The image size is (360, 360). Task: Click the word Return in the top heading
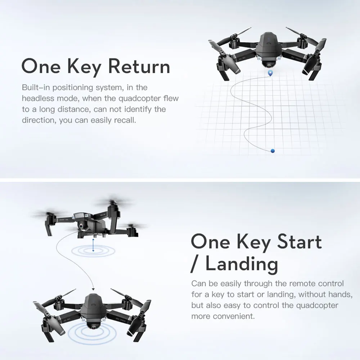click(139, 67)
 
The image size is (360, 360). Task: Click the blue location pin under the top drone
click(270, 73)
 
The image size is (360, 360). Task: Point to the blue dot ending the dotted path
click(273, 150)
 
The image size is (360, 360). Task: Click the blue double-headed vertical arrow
click(93, 246)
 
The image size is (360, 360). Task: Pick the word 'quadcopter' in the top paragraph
click(139, 98)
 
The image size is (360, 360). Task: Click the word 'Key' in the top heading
click(82, 67)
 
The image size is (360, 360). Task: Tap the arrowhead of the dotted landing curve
click(93, 289)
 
